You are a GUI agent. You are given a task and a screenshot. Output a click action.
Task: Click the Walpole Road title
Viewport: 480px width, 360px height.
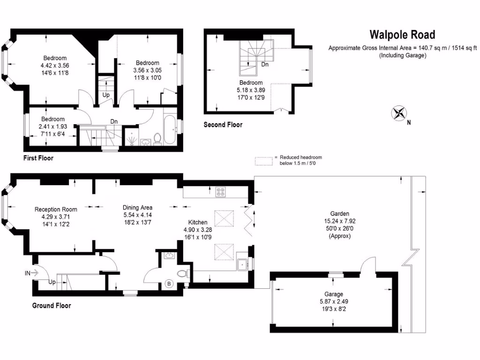[x=402, y=35]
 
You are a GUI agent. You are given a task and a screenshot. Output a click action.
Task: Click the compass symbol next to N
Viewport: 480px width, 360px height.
[x=399, y=113]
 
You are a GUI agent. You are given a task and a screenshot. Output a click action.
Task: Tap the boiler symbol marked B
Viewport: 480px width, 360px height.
[x=169, y=284]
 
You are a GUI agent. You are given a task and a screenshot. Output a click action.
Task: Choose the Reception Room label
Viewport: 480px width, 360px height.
[x=56, y=210]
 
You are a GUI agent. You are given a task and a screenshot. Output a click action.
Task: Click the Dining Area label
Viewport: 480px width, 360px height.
[x=137, y=208]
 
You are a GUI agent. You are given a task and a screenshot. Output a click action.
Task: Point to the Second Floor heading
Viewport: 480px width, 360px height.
[x=223, y=125]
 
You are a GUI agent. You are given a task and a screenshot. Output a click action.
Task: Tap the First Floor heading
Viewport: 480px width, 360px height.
[x=38, y=158]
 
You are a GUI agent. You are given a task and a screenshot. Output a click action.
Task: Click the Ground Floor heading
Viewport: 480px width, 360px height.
[x=52, y=306]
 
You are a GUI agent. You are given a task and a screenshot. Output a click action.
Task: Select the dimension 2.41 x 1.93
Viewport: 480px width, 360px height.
[x=52, y=127]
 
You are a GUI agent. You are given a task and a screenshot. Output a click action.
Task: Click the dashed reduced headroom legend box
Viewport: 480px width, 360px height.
[x=264, y=161]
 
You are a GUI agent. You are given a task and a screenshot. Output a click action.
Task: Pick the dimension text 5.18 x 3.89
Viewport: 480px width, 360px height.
[x=249, y=90]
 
